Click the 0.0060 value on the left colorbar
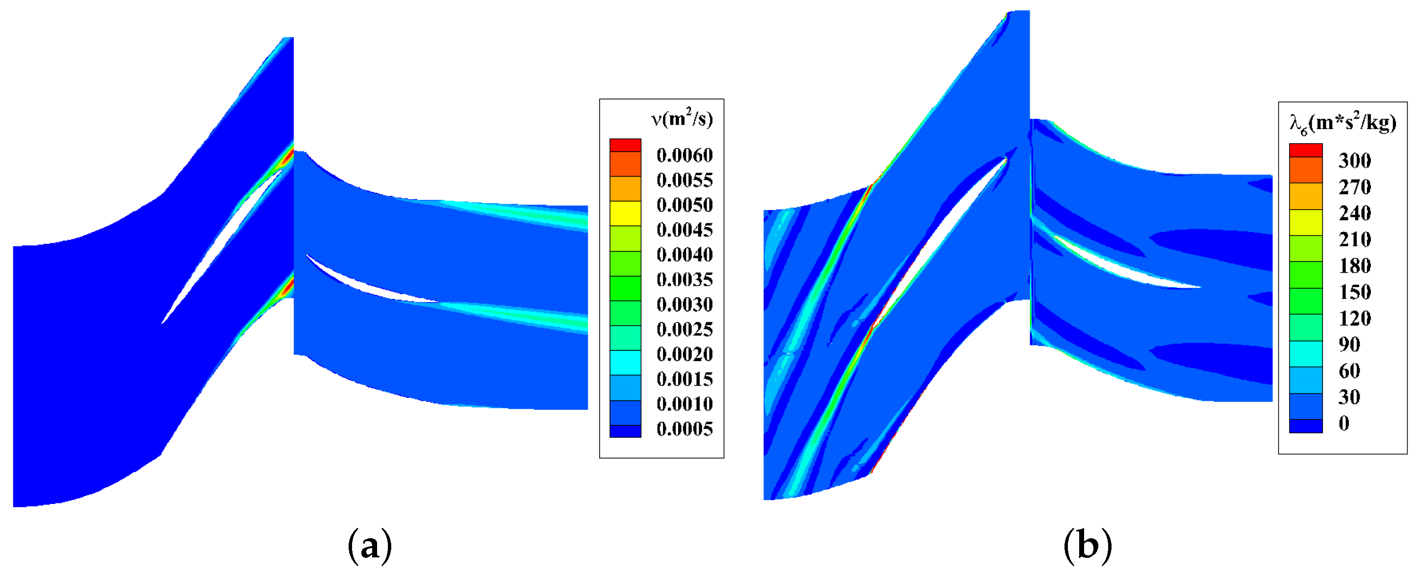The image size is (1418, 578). click(684, 156)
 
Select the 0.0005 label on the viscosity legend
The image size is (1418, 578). click(684, 429)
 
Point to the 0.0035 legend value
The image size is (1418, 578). click(684, 279)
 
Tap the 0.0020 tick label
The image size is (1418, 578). click(684, 354)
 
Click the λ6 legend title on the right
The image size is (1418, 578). click(1342, 123)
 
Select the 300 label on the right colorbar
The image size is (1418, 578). click(1354, 160)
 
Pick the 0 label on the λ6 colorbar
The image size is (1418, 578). click(1343, 423)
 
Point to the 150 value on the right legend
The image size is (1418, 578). click(1354, 292)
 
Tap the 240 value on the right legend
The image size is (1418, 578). click(1354, 213)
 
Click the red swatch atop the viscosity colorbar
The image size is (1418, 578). click(625, 145)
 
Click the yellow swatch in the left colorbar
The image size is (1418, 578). click(625, 213)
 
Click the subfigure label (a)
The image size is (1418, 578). click(370, 546)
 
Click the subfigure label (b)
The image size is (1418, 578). click(1087, 546)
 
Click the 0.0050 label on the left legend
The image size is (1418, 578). click(684, 205)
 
